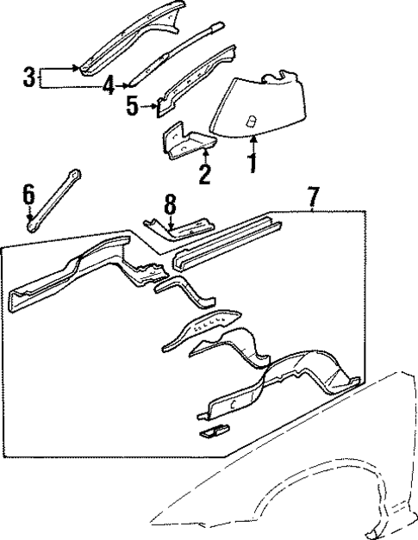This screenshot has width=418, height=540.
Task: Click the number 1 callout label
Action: click(252, 162)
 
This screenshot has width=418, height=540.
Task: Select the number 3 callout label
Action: click(28, 78)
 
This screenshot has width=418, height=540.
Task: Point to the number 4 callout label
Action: click(108, 84)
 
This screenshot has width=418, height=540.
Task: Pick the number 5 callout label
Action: click(131, 108)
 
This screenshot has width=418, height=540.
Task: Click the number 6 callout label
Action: click(28, 197)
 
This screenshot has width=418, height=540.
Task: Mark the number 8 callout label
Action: click(170, 205)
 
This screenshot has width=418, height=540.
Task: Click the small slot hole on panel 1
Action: click(252, 120)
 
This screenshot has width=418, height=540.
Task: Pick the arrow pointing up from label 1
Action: click(252, 141)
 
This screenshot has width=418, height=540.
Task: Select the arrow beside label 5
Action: click(148, 108)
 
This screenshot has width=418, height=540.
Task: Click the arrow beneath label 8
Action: click(171, 226)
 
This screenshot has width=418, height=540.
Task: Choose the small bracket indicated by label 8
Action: click(181, 229)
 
